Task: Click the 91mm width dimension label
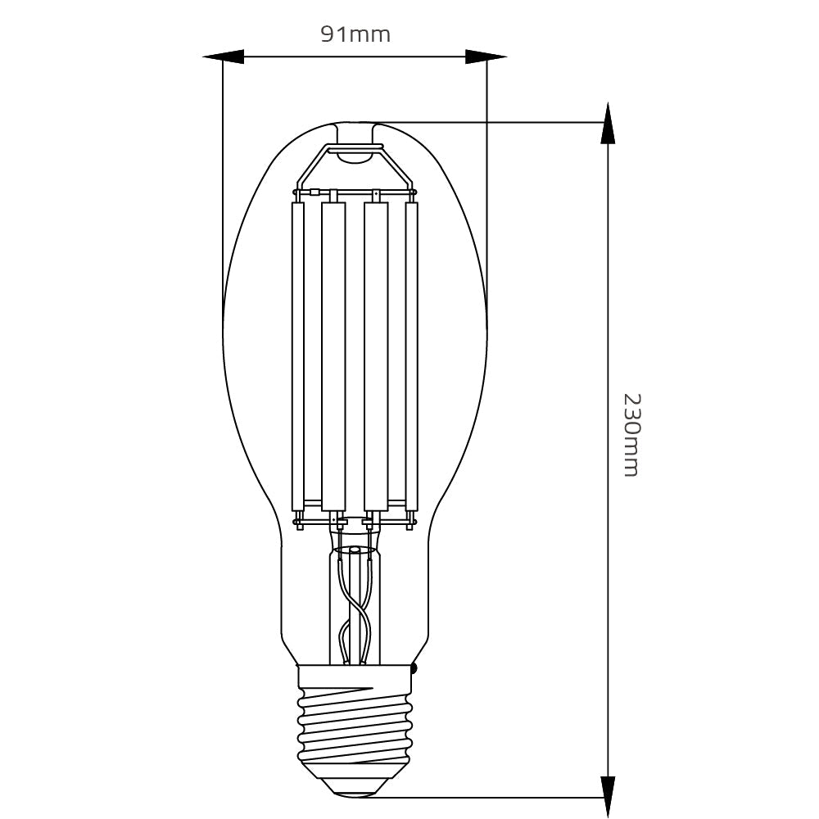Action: (x=354, y=34)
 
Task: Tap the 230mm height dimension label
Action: (x=631, y=435)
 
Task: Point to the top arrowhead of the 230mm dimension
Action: (x=607, y=123)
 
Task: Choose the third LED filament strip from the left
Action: (x=375, y=356)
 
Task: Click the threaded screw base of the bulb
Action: (x=354, y=721)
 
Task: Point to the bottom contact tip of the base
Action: (x=354, y=788)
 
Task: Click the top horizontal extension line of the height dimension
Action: (x=491, y=122)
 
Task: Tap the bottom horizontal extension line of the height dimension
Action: (x=491, y=797)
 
